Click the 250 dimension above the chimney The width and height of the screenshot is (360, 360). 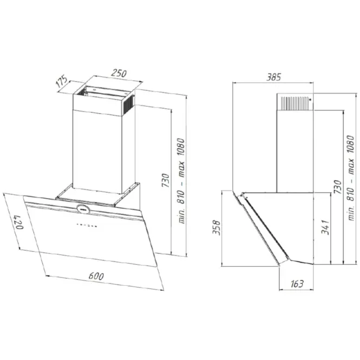point(119,73)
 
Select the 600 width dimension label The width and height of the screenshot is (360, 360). point(96,276)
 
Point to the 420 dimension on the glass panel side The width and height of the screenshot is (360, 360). point(19,222)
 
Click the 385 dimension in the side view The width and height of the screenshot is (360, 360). point(273,77)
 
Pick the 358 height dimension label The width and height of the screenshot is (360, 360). point(216,228)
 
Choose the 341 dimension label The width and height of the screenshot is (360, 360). point(325,227)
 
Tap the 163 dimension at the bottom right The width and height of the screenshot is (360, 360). point(297,284)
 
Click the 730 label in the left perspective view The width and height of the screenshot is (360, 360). point(166,180)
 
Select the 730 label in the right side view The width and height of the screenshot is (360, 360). point(338,186)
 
